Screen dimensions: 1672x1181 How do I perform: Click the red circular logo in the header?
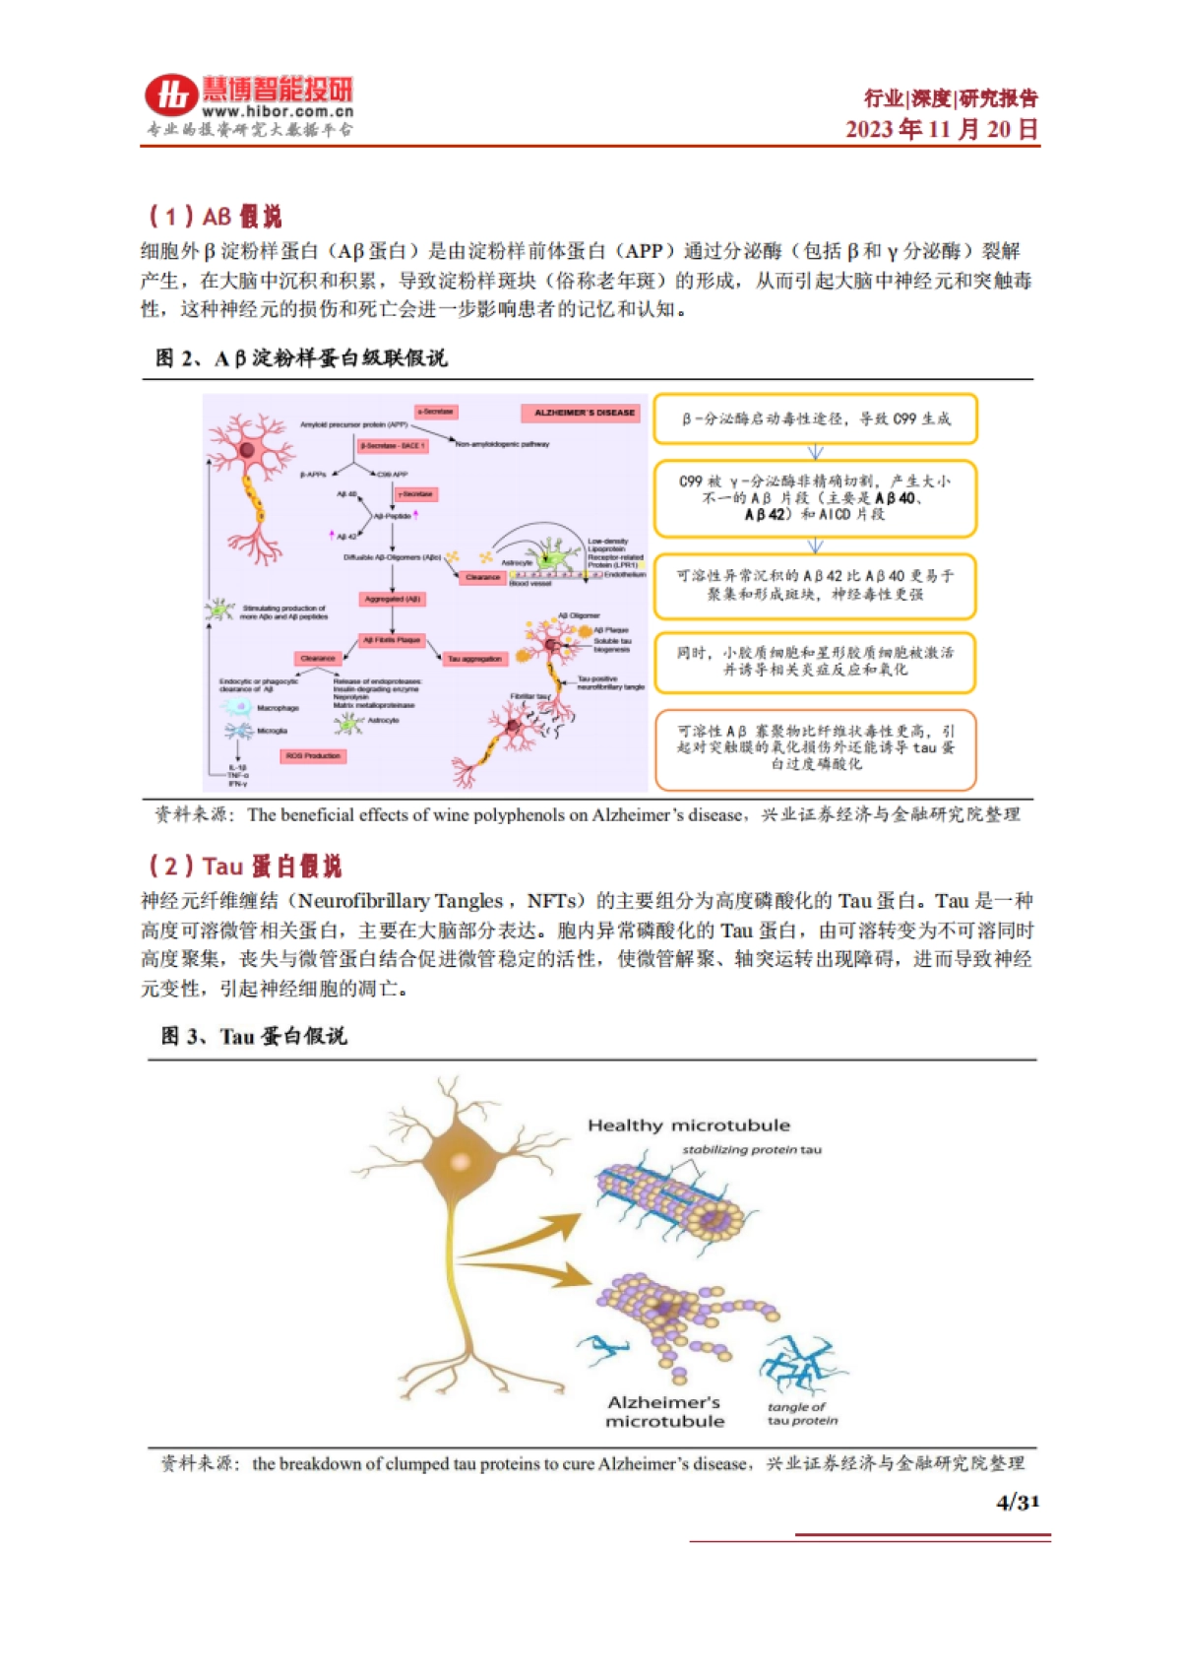[170, 96]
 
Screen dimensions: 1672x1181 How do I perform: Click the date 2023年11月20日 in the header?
[941, 129]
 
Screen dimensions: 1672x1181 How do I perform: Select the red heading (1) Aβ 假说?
[215, 216]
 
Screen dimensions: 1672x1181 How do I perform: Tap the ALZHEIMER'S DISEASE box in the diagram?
[584, 413]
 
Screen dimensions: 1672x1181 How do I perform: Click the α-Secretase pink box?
[436, 412]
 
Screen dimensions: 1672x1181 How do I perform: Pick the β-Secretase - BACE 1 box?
[393, 446]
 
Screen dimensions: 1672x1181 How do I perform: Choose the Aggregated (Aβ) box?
[393, 599]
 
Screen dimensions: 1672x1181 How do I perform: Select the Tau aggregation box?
[474, 659]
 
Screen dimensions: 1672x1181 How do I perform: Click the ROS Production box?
[313, 756]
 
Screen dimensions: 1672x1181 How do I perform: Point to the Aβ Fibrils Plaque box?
[392, 640]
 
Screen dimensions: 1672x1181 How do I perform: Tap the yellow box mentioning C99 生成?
[815, 418]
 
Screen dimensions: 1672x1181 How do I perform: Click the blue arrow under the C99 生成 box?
[815, 452]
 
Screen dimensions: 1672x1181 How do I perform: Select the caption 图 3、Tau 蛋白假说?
[254, 1036]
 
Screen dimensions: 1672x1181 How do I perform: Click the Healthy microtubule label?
[688, 1125]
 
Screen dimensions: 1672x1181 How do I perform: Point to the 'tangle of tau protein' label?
[801, 1413]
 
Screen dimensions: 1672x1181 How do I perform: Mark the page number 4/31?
[1017, 1502]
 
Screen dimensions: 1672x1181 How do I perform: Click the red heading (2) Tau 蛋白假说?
[244, 866]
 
